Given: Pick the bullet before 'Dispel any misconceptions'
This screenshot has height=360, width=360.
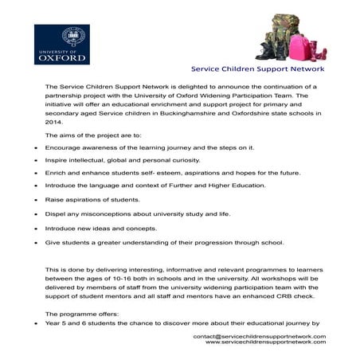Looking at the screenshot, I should [x=36, y=215].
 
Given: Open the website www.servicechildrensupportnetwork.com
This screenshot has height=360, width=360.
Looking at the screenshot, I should [x=265, y=343].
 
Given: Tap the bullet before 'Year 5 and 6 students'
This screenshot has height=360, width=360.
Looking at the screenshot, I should [x=36, y=324].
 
